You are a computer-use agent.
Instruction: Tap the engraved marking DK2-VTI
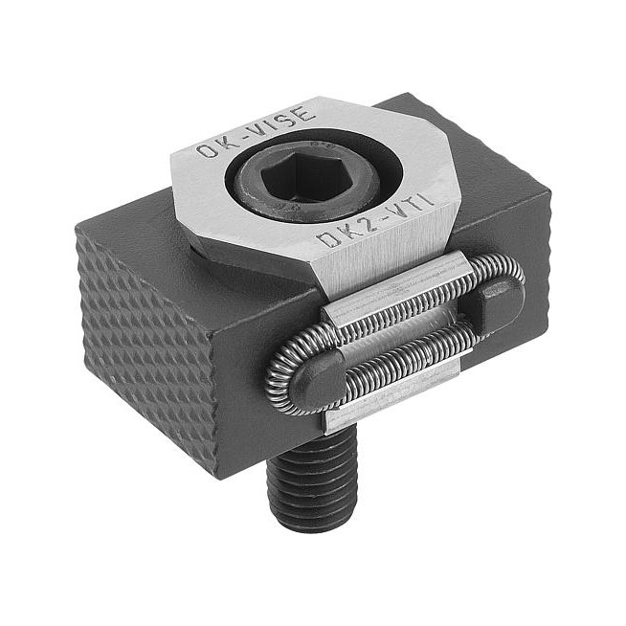coord(374,220)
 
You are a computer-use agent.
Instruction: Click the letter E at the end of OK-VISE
coord(305,113)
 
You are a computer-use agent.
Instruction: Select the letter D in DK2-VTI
coord(325,240)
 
